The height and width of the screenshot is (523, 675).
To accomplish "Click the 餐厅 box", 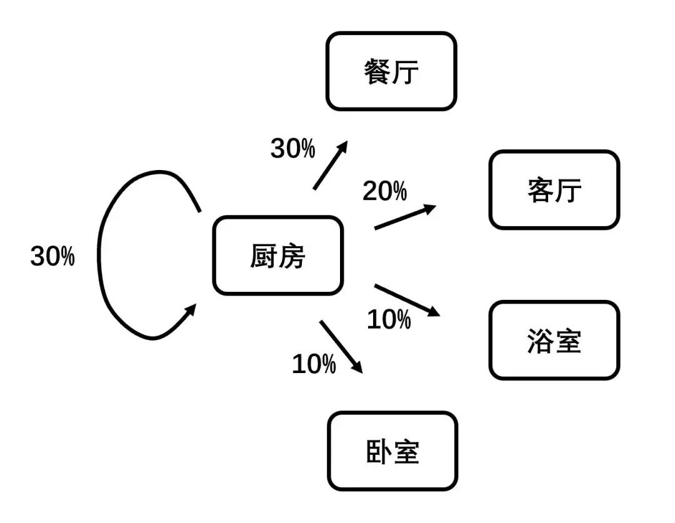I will (391, 71).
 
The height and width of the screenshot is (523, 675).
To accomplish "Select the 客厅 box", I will (554, 190).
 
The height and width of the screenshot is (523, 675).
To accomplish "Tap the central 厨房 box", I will (278, 256).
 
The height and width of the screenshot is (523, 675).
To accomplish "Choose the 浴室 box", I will (554, 341).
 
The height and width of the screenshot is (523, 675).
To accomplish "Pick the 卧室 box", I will (392, 451).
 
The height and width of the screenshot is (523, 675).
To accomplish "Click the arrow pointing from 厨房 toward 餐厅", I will (330, 165).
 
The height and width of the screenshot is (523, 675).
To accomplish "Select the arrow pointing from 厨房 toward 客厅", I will (404, 217).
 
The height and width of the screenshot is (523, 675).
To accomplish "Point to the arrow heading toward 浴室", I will (406, 300).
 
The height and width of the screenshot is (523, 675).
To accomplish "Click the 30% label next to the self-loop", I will (52, 257).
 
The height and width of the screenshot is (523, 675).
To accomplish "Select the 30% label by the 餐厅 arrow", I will (292, 149).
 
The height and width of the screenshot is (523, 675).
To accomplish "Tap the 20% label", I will (384, 191).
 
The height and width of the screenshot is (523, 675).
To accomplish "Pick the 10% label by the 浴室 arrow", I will (388, 320).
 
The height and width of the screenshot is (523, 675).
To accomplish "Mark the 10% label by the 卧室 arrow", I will (314, 364).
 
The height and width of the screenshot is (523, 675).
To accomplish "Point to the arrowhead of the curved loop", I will (191, 310).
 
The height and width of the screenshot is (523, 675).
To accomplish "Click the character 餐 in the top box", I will (377, 72).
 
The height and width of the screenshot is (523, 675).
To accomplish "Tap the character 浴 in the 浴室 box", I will (539, 341).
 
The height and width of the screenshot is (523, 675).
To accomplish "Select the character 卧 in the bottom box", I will (378, 452).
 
